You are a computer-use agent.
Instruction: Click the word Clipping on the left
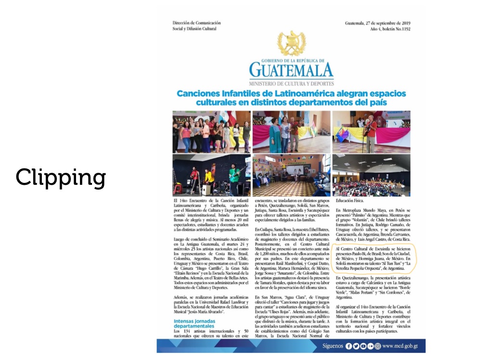[x=61, y=178]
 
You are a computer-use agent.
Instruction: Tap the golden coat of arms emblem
[x=291, y=43]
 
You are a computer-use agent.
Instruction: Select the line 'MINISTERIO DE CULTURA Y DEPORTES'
[x=291, y=84]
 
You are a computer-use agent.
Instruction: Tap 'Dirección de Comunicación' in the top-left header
[x=196, y=23]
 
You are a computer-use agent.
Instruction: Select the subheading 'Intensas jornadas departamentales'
[x=195, y=323]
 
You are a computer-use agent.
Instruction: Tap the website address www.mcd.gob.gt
[x=400, y=346]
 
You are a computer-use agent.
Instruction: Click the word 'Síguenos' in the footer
[x=333, y=346]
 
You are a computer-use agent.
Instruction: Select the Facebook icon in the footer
[x=349, y=346]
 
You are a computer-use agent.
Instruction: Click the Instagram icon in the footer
[x=378, y=346]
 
